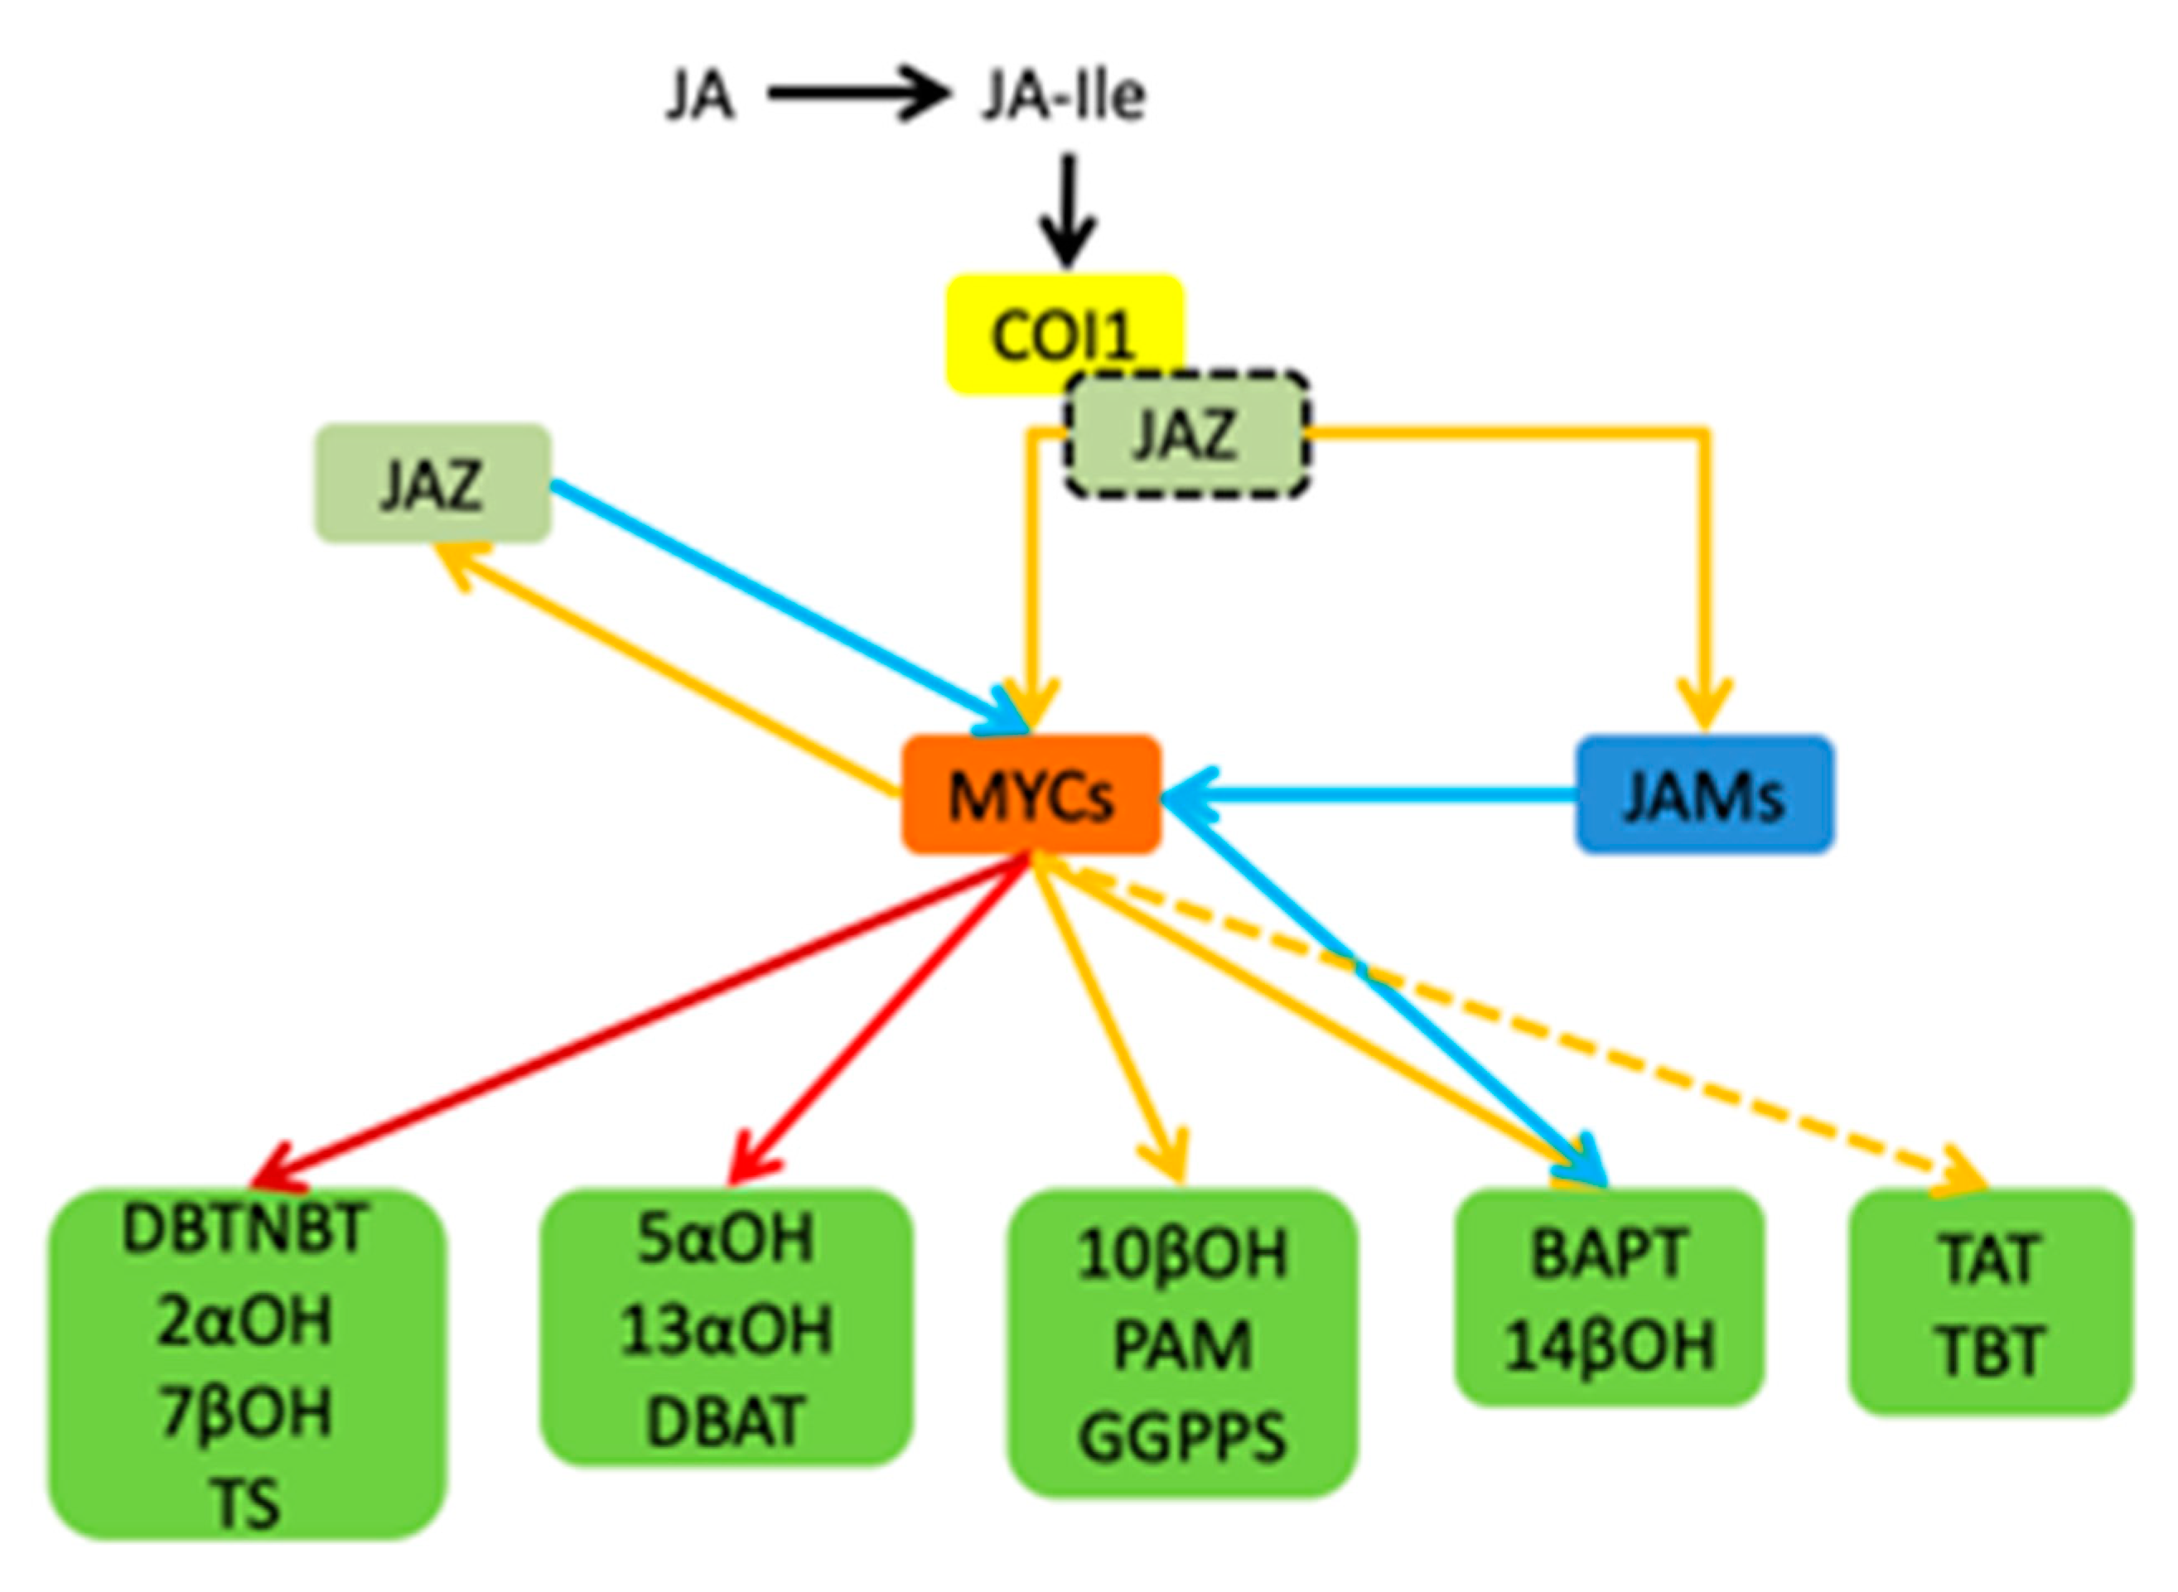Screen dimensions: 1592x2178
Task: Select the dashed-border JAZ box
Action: [x=1186, y=435]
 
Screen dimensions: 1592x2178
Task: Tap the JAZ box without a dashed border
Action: [x=432, y=483]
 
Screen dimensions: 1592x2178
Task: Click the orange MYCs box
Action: [x=1031, y=795]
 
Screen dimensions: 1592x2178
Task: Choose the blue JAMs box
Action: [x=1704, y=795]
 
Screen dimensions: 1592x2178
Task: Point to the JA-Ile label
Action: [x=1062, y=96]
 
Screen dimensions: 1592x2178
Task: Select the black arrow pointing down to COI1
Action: [x=1067, y=212]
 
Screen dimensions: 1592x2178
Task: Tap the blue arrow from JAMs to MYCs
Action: [x=1369, y=795]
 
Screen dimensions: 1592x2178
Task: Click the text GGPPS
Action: [x=1181, y=1438]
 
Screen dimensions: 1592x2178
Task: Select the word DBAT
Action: [x=725, y=1421]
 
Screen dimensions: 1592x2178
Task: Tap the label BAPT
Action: [x=1609, y=1252]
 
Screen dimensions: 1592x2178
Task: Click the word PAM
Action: [x=1181, y=1345]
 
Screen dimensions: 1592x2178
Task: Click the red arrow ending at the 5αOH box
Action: [x=877, y=1021]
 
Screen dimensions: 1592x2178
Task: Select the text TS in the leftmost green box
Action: [x=247, y=1503]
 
